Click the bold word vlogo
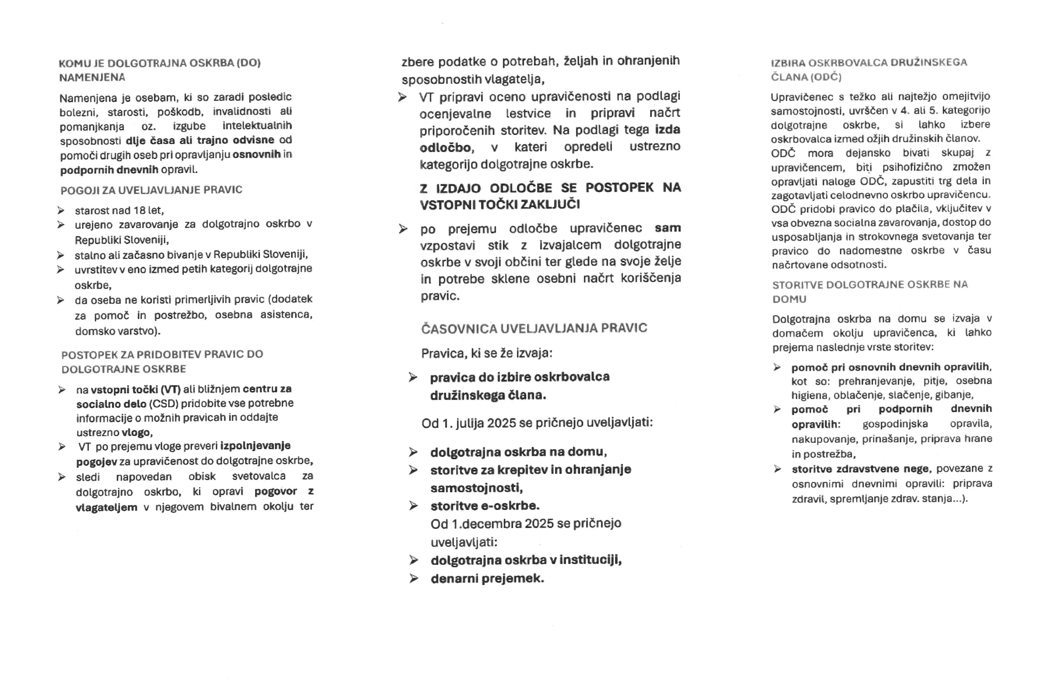[137, 432]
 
